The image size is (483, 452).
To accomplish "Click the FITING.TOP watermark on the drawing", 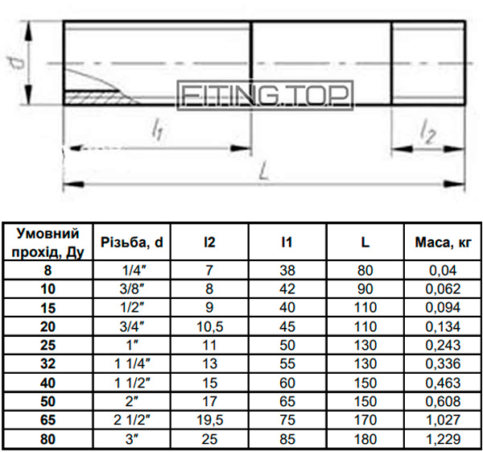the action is pos(265,95).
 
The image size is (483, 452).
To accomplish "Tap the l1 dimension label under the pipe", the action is pos(157,131).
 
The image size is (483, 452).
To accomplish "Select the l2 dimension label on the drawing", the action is pos(428,135).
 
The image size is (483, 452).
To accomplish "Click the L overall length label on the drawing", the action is pos(264,171).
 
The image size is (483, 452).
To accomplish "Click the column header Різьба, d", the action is pos(131,243).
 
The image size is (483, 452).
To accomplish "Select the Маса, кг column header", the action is pos(443,243).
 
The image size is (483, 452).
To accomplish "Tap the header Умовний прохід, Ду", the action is pos(47,243).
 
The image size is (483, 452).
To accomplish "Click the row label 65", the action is pos(47,420).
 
